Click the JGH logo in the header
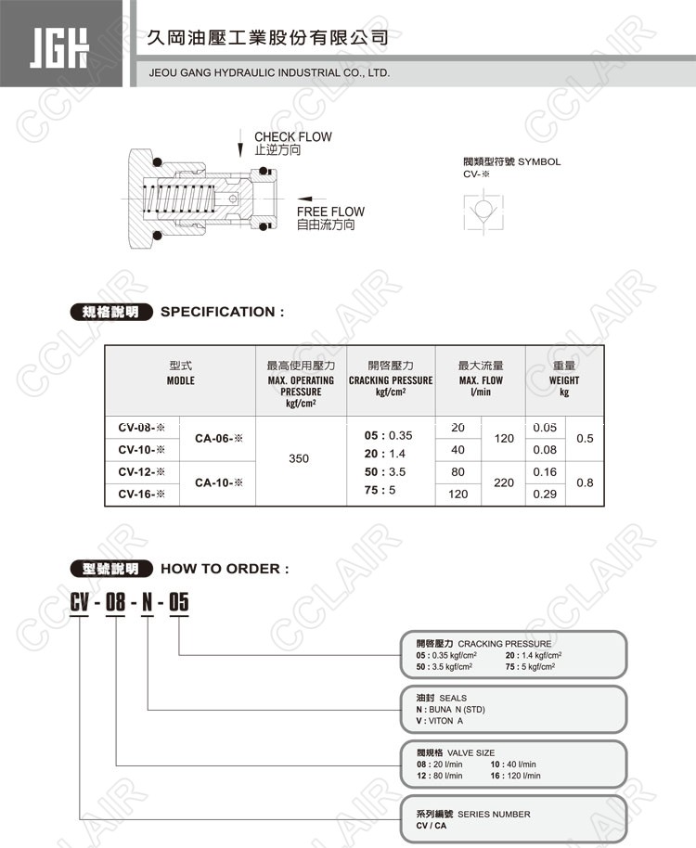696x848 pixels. click(61, 45)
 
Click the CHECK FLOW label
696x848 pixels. click(292, 137)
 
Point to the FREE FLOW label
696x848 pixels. click(330, 212)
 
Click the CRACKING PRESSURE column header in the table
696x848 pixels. click(391, 380)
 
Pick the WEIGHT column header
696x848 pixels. click(563, 380)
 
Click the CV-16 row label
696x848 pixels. click(141, 495)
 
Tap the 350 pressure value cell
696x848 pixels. click(299, 458)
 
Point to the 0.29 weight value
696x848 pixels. click(545, 495)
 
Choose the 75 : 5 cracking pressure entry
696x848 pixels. click(381, 490)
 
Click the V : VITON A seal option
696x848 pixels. click(439, 721)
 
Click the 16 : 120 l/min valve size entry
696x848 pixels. click(515, 776)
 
